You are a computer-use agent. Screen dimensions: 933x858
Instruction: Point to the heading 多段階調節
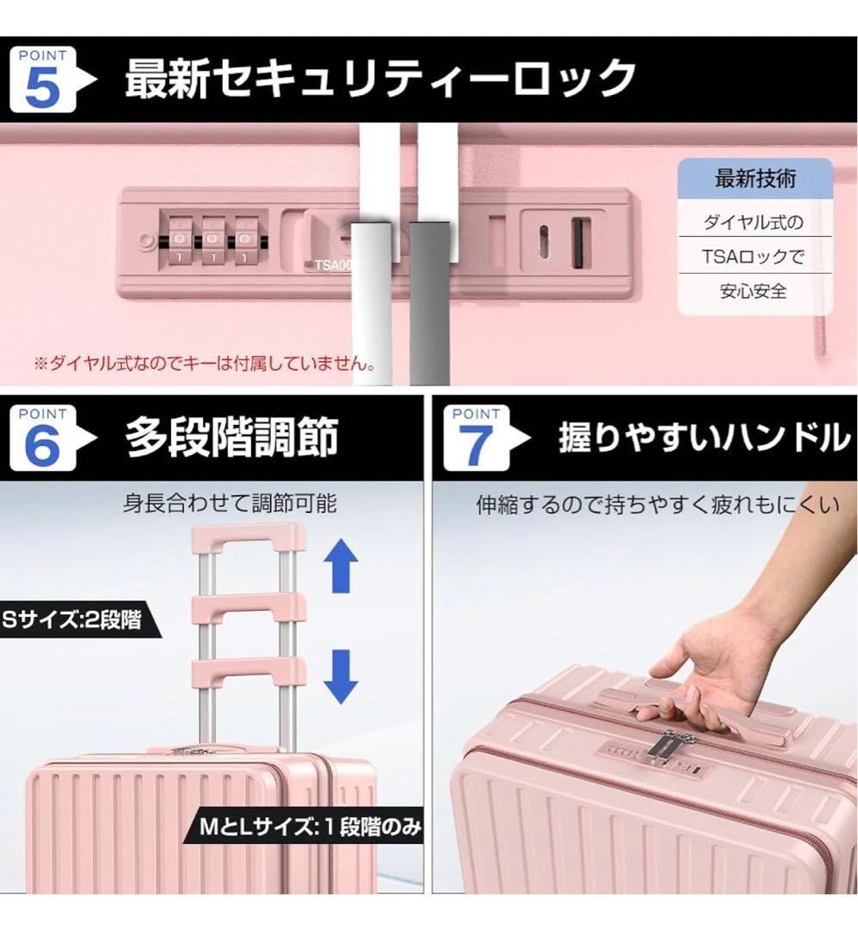pos(231,437)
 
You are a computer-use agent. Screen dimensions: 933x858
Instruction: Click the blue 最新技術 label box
pos(755,180)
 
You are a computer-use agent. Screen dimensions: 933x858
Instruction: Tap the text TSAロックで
pos(754,257)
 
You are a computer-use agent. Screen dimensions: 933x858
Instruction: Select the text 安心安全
pos(754,291)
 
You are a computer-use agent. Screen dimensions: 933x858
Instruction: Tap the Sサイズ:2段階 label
pos(73,619)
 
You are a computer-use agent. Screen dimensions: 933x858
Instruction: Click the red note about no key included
pos(205,364)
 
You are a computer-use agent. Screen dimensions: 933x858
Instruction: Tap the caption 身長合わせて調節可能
pos(230,503)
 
